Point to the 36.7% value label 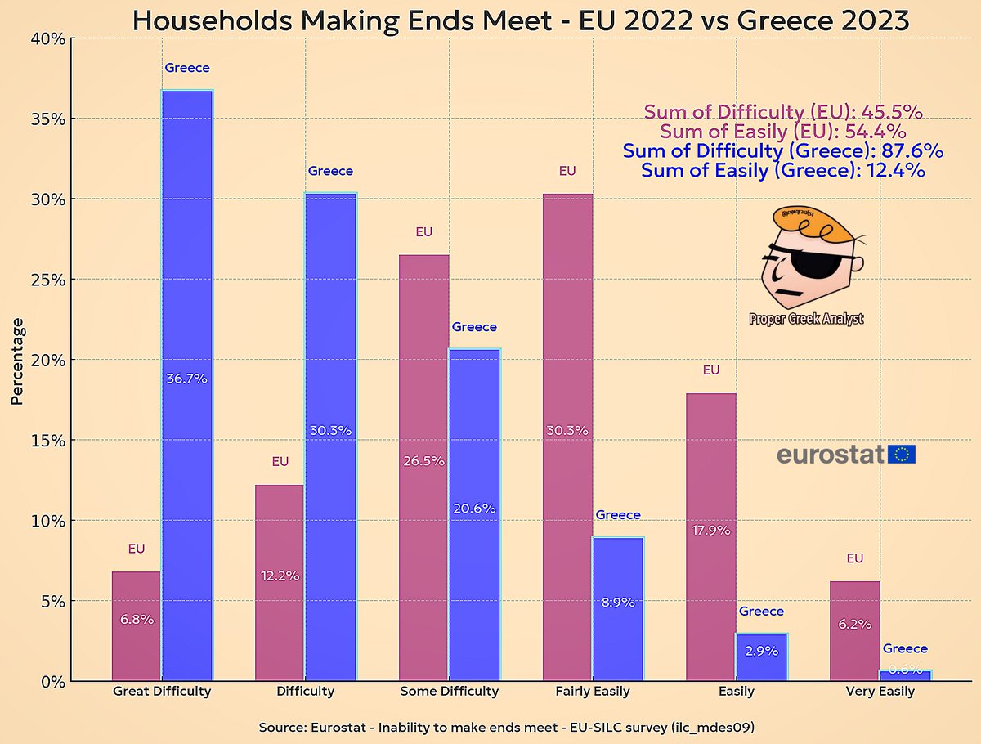pyautogui.click(x=187, y=379)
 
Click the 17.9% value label pyautogui.click(x=710, y=530)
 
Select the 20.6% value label pyautogui.click(x=474, y=508)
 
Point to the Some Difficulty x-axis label pyautogui.click(x=449, y=691)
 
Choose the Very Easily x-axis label pyautogui.click(x=880, y=691)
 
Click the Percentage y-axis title pyautogui.click(x=18, y=361)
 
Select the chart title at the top pyautogui.click(x=521, y=20)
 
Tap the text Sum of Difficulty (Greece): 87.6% pyautogui.click(x=782, y=150)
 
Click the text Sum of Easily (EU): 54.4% pyautogui.click(x=782, y=132)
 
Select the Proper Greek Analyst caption pyautogui.click(x=805, y=319)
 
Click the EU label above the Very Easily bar pyautogui.click(x=854, y=558)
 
